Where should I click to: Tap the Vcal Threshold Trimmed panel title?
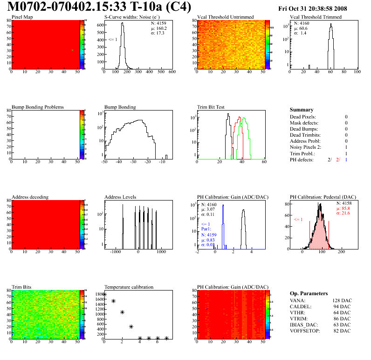(x=316, y=17)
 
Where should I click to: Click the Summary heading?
(x=301, y=110)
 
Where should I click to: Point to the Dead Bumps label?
(x=304, y=129)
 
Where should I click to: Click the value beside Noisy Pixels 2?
(x=346, y=147)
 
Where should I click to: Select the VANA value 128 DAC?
(x=341, y=301)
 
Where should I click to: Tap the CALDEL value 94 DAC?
(x=343, y=307)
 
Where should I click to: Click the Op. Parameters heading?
(x=309, y=294)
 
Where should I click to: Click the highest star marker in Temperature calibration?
(x=104, y=295)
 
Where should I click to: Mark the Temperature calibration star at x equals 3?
(x=131, y=327)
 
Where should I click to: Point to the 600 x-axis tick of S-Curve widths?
(x=172, y=72)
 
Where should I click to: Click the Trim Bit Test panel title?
(x=211, y=107)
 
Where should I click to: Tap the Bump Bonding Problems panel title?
(x=38, y=107)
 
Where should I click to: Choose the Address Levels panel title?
(x=120, y=197)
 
